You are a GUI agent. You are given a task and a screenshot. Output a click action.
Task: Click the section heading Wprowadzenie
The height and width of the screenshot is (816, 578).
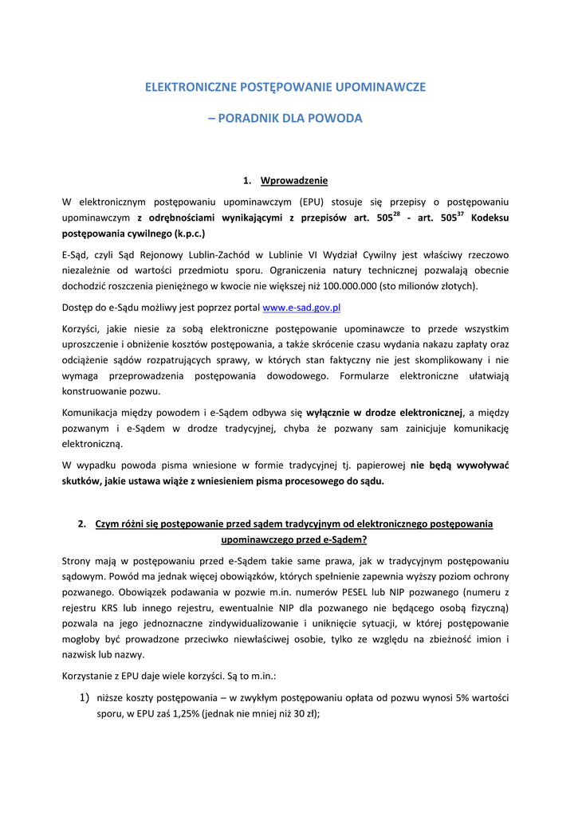point(294,180)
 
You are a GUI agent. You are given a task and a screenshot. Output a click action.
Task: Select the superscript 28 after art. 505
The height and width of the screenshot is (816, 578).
point(397,214)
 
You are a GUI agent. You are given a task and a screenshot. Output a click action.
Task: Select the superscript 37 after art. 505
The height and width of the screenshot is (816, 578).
point(460,214)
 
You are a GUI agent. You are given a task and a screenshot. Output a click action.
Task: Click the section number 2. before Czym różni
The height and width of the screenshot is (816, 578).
point(82,524)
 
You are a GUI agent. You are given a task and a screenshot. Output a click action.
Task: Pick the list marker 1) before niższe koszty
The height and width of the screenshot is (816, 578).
point(84,698)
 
